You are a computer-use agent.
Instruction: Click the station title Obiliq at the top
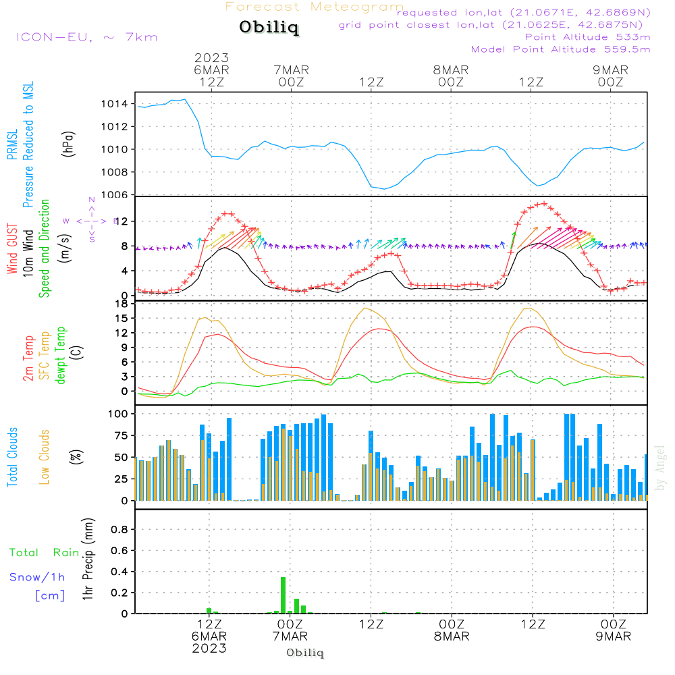pyautogui.click(x=269, y=28)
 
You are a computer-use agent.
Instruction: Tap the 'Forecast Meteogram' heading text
pyautogui.click(x=315, y=7)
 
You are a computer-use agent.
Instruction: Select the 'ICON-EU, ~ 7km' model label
pyautogui.click(x=86, y=36)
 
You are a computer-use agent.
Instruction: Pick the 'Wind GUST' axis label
pyautogui.click(x=13, y=250)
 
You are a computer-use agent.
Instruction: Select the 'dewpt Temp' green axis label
pyautogui.click(x=61, y=356)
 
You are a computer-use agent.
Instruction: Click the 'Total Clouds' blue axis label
pyautogui.click(x=13, y=457)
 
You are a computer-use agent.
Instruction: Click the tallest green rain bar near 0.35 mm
pyautogui.click(x=283, y=595)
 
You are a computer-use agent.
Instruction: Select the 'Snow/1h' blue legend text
pyautogui.click(x=37, y=578)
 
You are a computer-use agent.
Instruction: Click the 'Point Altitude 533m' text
pyautogui.click(x=587, y=36)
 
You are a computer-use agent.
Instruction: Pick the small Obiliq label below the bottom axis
pyautogui.click(x=305, y=653)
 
